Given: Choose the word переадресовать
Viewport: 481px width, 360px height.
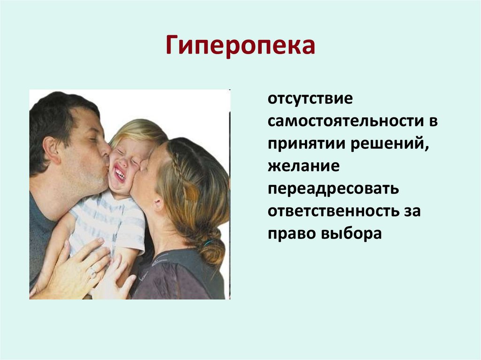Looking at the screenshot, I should (334, 189).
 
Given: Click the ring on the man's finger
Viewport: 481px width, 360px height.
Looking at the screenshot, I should (93, 273).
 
